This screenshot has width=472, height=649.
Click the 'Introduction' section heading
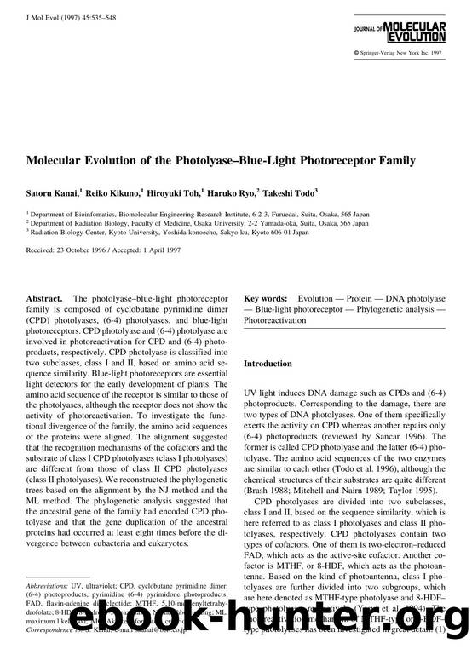point(268,364)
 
